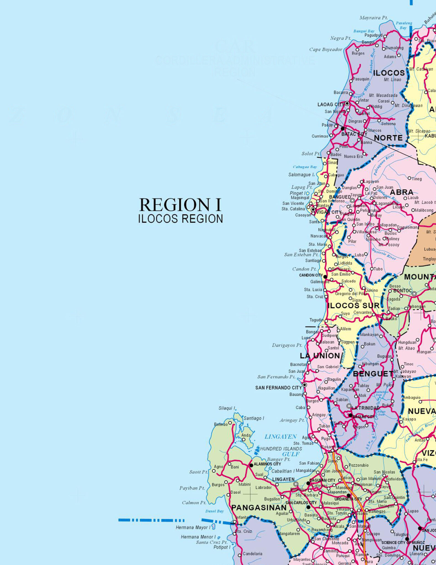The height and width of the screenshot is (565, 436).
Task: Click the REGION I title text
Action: pos(180,205)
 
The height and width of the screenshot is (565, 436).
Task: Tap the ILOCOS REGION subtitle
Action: pos(180,219)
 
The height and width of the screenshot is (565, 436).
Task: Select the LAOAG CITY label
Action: pos(331,104)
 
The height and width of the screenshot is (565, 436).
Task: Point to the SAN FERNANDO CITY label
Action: pos(278,388)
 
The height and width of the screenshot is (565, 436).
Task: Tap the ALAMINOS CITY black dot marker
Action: pos(251,465)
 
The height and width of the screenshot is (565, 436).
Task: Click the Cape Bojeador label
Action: pos(326,50)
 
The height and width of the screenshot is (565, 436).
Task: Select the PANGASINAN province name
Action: pos(259,508)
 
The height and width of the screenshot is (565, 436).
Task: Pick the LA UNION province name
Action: pos(320,356)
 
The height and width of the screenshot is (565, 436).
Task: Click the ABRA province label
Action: pos(401,192)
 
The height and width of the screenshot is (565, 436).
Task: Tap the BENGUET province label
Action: pos(373,374)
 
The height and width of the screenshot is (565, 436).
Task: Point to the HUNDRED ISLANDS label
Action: pos(281,449)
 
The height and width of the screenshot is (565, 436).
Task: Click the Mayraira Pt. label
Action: pos(373,18)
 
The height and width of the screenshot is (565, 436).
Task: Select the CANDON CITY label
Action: pos(311,275)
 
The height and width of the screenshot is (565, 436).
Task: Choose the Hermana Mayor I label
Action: pos(193,527)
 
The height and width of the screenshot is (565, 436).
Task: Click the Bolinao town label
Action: pos(221,424)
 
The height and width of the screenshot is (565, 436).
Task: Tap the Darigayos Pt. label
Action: pos(287,345)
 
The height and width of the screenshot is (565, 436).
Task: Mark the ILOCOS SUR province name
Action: pos(353,305)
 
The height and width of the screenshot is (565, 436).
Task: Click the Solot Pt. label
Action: pos(311,154)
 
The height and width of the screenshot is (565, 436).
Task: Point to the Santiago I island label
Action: pos(253,418)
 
